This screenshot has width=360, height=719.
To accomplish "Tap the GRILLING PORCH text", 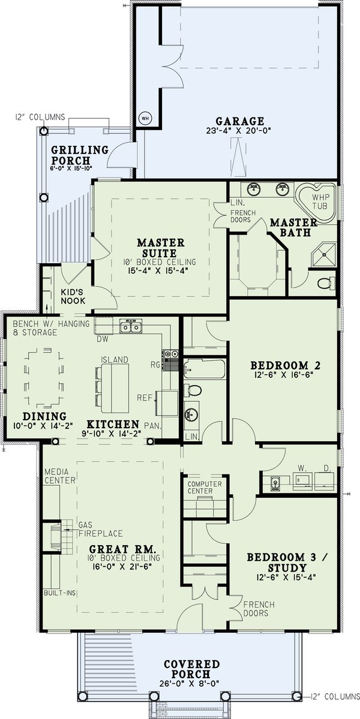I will click(x=79, y=155).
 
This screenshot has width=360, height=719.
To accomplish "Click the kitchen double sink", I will click(x=131, y=327).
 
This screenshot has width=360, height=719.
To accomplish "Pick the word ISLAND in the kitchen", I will click(x=114, y=359).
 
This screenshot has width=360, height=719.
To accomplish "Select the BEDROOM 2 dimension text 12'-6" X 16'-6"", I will click(x=281, y=375).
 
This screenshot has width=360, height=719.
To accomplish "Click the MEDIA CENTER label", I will click(x=59, y=476).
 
